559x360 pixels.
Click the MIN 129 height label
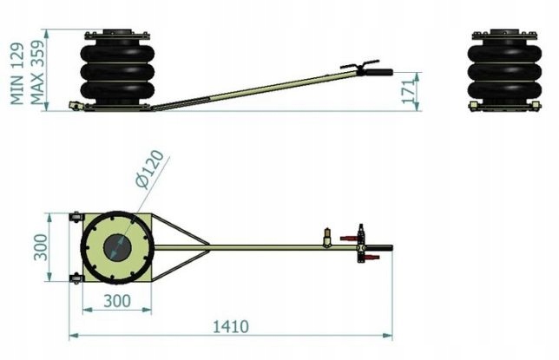(x=17, y=74)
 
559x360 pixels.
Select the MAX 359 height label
(x=37, y=72)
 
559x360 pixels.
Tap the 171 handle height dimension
(x=410, y=90)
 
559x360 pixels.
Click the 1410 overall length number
(x=230, y=326)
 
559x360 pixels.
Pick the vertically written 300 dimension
(x=40, y=247)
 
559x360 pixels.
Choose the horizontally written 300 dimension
(x=117, y=301)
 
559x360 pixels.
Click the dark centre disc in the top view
(x=117, y=248)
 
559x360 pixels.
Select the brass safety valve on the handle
(x=326, y=237)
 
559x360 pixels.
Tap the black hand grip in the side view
(x=379, y=72)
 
